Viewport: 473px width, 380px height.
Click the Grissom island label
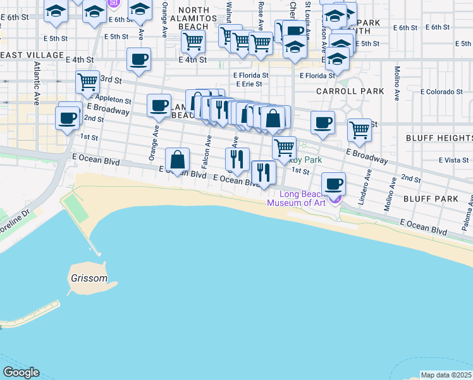(x=88, y=278)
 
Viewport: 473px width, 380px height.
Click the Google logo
(x=21, y=372)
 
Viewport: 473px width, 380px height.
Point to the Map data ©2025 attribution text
(x=446, y=375)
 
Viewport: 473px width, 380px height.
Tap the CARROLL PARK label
(x=350, y=91)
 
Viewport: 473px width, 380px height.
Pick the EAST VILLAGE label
(x=32, y=55)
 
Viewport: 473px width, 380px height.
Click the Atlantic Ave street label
(x=37, y=79)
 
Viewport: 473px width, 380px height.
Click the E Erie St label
(x=248, y=84)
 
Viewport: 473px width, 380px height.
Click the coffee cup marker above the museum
(x=333, y=184)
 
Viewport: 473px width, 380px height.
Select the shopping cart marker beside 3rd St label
(x=87, y=82)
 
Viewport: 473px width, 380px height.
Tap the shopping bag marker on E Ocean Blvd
(x=178, y=160)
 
